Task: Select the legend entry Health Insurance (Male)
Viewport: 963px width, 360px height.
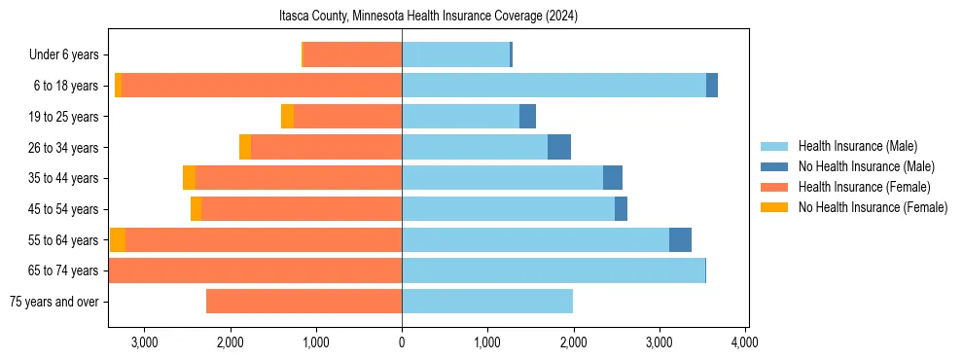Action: pos(857,146)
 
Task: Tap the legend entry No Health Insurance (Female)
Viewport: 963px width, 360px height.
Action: pos(873,207)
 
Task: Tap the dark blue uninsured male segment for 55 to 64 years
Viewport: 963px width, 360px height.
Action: pos(680,239)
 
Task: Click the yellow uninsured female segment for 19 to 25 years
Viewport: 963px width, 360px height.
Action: pos(287,117)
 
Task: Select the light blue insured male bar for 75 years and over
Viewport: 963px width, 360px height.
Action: pos(487,302)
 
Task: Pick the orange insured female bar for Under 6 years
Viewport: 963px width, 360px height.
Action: pos(352,55)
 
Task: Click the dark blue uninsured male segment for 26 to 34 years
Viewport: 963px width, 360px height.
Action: pos(559,147)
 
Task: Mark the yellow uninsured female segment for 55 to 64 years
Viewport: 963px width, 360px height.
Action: pos(118,239)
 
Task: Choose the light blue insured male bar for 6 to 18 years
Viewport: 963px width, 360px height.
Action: pos(553,86)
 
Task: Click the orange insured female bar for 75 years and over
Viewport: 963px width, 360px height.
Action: pos(303,302)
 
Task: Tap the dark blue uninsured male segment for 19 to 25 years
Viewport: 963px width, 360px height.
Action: pos(527,117)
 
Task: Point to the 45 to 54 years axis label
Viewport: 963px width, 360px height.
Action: pos(63,209)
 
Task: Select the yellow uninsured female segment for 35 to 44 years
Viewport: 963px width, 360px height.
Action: pos(189,178)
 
